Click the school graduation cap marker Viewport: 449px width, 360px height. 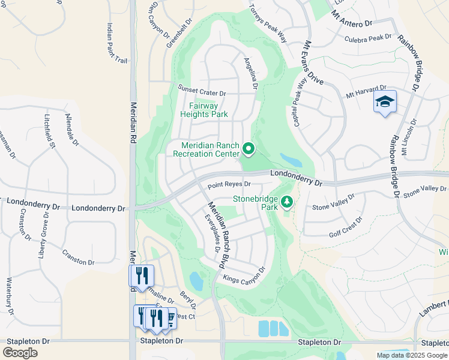coord(385,101)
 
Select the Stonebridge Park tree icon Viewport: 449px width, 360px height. coord(287,202)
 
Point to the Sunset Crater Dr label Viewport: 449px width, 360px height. coord(202,92)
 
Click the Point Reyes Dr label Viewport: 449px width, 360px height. coord(229,184)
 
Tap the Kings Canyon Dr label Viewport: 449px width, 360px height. coord(244,275)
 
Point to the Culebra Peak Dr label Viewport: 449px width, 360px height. coord(367,39)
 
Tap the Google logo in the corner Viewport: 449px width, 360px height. coord(20,352)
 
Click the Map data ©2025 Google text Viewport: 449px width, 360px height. coord(411,355)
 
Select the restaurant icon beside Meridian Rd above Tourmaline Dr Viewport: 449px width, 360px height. coord(142,275)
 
